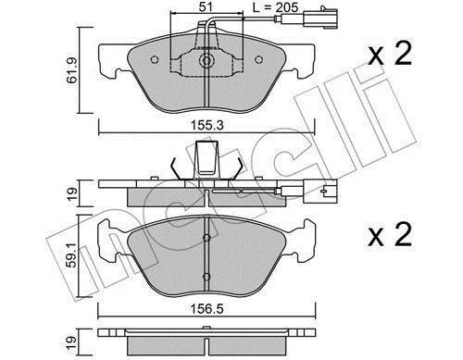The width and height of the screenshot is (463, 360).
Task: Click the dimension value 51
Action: coord(206,7)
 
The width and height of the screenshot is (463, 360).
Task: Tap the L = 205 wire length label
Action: coord(275,7)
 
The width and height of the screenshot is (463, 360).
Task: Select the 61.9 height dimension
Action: coord(72,70)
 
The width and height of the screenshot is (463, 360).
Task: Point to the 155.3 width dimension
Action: coord(206,126)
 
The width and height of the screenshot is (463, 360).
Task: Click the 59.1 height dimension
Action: coord(72,255)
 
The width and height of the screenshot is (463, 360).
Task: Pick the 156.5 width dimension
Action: coord(206,309)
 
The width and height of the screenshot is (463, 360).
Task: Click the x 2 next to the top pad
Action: coord(390,55)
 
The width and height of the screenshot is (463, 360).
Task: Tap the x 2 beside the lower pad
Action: coord(390,234)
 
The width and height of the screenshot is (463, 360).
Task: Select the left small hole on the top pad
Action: coord(155,59)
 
